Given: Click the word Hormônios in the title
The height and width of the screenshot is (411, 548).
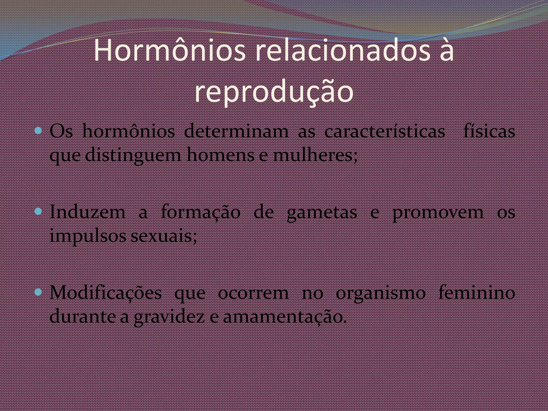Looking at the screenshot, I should [170, 51].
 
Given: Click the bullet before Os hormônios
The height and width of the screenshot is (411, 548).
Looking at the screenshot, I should [39, 131].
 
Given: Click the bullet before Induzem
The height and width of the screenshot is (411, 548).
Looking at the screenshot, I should [39, 212].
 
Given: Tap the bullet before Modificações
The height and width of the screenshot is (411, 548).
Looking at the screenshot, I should [39, 292].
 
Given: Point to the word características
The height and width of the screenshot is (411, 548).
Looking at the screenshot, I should [385, 132].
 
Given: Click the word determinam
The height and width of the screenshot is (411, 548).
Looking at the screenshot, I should [236, 132].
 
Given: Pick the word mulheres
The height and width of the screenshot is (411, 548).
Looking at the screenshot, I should [315, 155].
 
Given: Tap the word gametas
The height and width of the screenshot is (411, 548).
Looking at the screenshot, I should [322, 213].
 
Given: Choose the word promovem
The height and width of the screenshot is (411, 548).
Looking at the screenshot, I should [438, 213].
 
